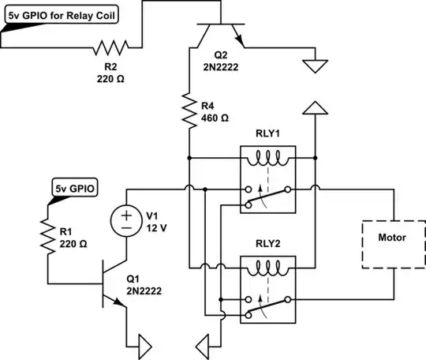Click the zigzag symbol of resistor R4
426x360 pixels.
click(190, 110)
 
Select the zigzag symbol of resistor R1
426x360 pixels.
click(47, 233)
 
